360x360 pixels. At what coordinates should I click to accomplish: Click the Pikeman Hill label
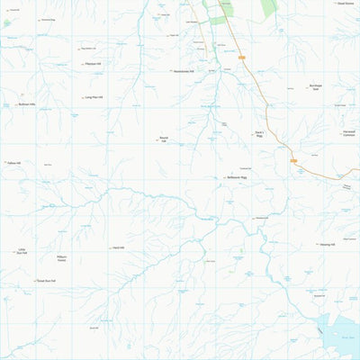click(x=94, y=64)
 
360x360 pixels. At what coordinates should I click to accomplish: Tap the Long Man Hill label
click(x=94, y=97)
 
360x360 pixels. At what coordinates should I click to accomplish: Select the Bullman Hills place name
click(x=26, y=104)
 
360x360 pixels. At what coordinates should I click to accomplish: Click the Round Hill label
click(x=163, y=139)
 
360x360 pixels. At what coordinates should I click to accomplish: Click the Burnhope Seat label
click(x=316, y=88)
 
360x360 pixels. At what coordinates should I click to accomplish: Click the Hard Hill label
click(x=117, y=247)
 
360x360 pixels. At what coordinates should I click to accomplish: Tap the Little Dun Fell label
click(x=22, y=252)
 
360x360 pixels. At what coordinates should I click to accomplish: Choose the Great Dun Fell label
click(x=46, y=280)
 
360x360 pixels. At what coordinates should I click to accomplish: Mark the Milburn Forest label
click(x=62, y=258)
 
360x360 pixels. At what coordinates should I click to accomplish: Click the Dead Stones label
click(x=346, y=4)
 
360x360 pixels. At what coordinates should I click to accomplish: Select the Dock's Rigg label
click(x=258, y=135)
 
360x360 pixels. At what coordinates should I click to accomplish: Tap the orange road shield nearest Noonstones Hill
click(x=242, y=58)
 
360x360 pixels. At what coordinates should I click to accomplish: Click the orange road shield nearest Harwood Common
click(x=293, y=160)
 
